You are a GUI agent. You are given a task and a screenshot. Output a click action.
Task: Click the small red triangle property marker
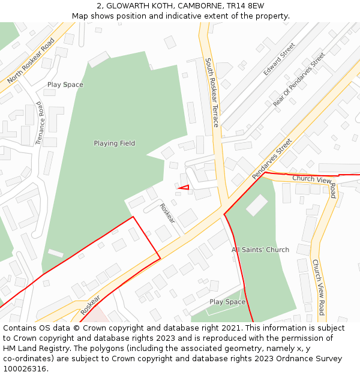(x=184, y=188)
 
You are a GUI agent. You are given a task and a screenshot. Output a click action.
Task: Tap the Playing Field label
(x=114, y=143)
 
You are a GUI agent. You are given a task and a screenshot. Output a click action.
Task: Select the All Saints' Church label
(x=260, y=250)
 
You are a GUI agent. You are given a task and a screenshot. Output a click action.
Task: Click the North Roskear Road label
(x=31, y=61)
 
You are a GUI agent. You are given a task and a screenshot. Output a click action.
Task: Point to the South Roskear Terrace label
(x=212, y=92)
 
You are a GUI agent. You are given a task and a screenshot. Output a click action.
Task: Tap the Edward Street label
(x=279, y=59)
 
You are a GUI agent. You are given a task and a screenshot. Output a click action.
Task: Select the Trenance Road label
(x=40, y=123)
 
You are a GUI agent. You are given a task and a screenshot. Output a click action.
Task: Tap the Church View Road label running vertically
(x=317, y=287)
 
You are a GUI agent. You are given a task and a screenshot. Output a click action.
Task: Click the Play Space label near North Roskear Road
(x=65, y=85)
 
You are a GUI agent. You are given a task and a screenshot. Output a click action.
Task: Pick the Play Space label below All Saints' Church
(x=227, y=302)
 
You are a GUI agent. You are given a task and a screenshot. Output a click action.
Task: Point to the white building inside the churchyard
(x=257, y=205)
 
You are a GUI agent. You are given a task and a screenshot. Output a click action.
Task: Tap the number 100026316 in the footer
(x=26, y=369)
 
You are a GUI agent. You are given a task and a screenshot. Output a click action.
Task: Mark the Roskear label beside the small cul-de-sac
(x=167, y=213)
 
